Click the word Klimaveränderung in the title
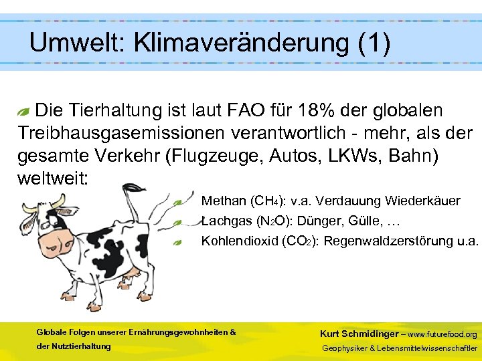tap(242, 43)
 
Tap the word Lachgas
tap(224, 221)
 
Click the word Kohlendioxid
tap(234, 241)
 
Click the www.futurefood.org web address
tap(443, 334)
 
